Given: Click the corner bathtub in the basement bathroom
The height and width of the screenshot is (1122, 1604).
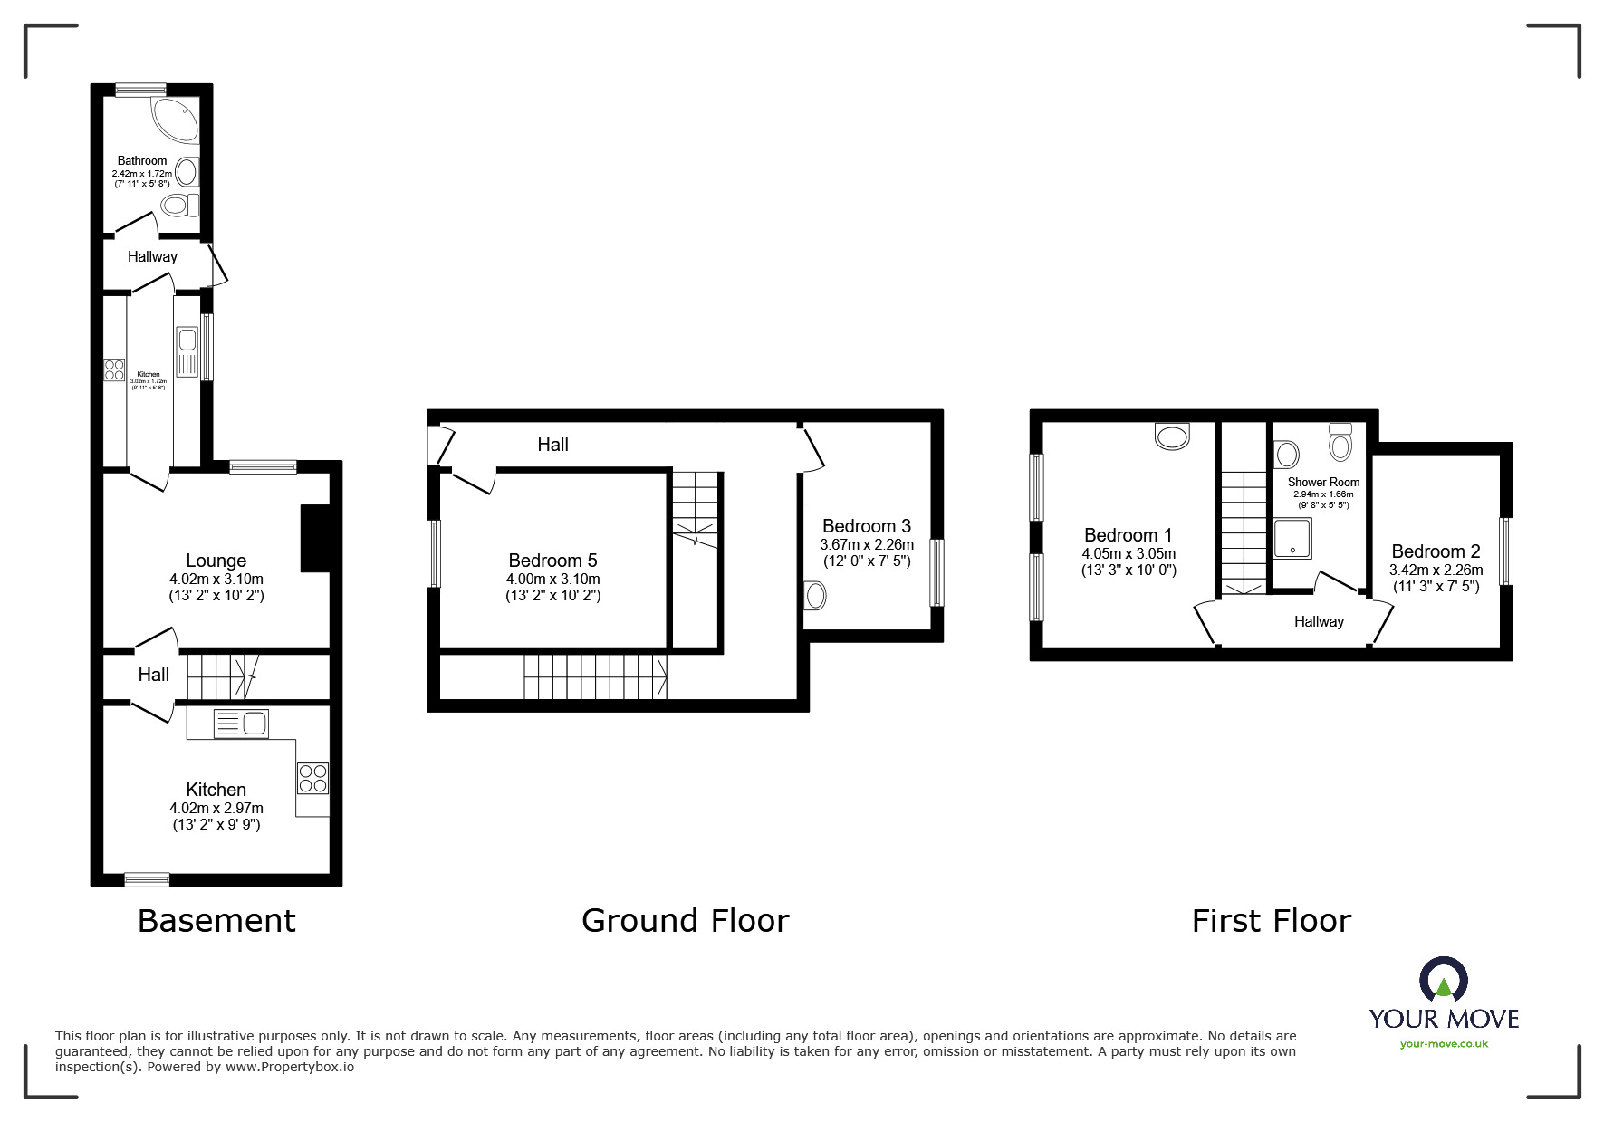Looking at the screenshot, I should tap(176, 120).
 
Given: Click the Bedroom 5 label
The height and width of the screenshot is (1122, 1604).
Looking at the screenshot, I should tap(552, 561).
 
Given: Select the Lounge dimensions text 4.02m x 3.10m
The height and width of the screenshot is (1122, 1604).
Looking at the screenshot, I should tap(216, 580).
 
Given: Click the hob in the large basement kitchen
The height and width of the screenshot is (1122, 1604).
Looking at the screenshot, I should tap(312, 778).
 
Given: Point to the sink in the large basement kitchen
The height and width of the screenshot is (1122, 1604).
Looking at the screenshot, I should tap(242, 724).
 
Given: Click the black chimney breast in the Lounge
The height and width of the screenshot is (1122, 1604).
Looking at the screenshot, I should tap(314, 538).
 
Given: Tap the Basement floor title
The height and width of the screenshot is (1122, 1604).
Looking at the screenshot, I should tap(216, 921).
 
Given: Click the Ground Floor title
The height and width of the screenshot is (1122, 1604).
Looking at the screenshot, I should tap(685, 921).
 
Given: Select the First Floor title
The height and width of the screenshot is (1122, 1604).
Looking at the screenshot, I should tap(1271, 921).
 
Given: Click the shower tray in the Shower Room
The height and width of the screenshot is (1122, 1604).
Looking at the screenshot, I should tap(1292, 538).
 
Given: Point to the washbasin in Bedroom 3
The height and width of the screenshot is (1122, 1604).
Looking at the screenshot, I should tap(815, 596).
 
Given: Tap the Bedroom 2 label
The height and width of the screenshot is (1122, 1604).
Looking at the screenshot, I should tap(1436, 551).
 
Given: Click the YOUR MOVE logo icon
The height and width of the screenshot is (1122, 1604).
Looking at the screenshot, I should tap(1443, 981).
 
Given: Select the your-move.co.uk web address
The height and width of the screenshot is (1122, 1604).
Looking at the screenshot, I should tap(1444, 1044).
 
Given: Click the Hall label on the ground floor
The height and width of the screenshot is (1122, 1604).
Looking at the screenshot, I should tap(552, 445).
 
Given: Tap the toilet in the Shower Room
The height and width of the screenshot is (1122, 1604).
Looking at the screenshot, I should tap(1340, 443).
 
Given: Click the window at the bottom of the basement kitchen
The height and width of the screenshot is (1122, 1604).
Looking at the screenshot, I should tap(147, 878).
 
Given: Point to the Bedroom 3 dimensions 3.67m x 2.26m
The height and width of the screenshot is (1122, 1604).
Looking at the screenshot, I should tap(867, 545).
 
